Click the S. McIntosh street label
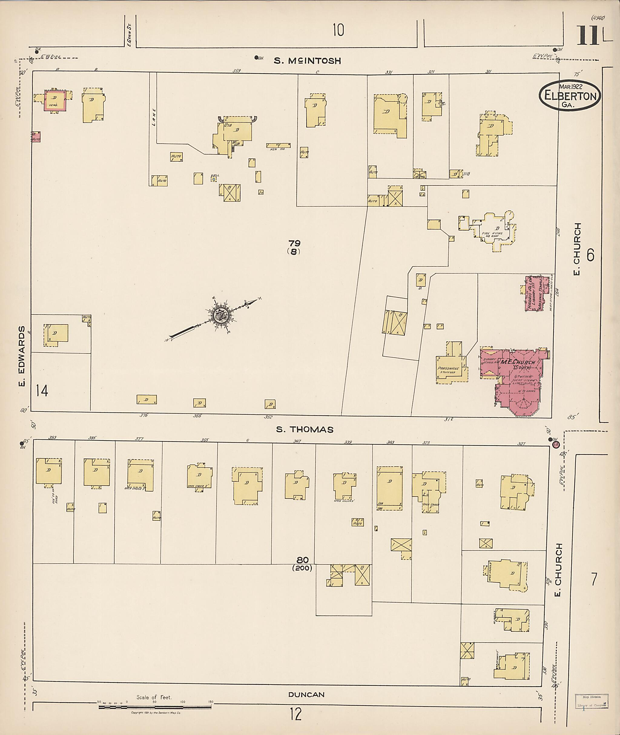click(307, 61)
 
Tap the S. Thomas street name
click(305, 429)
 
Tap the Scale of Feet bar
click(155, 707)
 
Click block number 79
click(294, 243)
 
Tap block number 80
click(302, 560)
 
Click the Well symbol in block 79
click(214, 179)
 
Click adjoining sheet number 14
click(41, 390)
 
